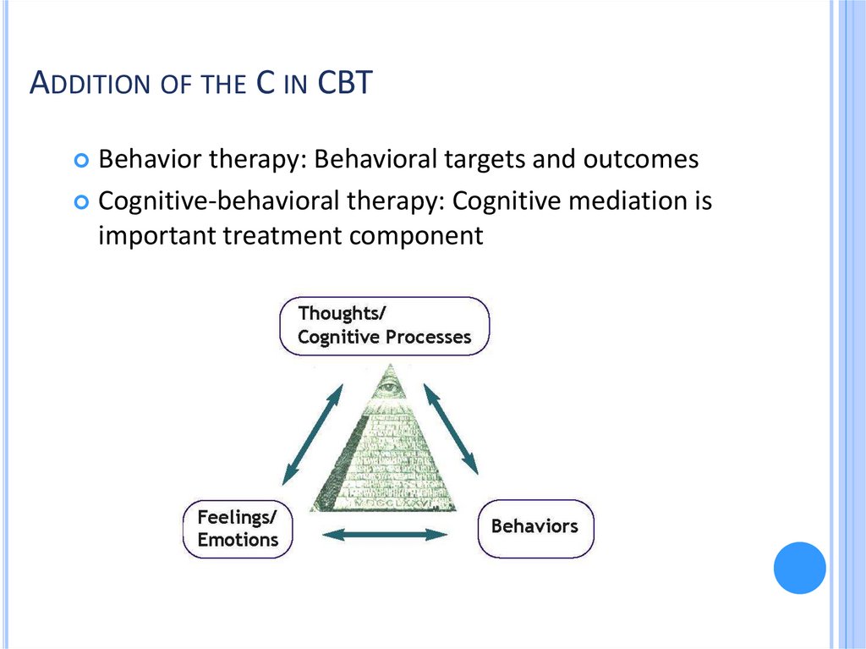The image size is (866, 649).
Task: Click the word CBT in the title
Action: pos(343,84)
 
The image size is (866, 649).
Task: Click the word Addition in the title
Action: pos(83,85)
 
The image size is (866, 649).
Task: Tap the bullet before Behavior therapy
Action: pos(81,159)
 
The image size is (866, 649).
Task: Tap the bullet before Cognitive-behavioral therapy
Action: pos(81,202)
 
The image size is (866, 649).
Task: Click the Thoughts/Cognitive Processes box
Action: pos(384,325)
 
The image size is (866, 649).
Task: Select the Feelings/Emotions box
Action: pos(238,528)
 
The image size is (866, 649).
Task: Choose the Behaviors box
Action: pos(534,526)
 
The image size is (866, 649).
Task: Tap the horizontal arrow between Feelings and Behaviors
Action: pos(386,534)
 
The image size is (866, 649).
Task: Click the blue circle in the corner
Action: pos(799,568)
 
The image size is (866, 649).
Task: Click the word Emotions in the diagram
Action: pos(238,539)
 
